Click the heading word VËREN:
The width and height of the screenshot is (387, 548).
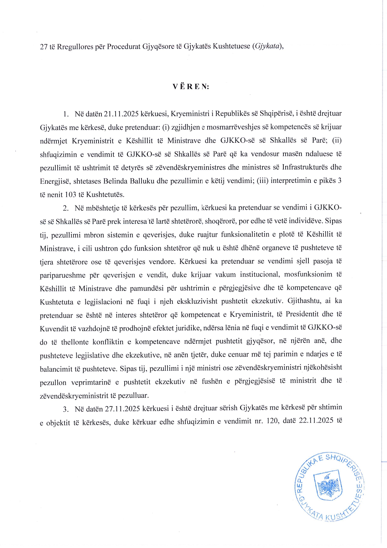(x=191, y=87)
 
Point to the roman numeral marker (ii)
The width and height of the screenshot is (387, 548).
(x=337, y=140)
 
